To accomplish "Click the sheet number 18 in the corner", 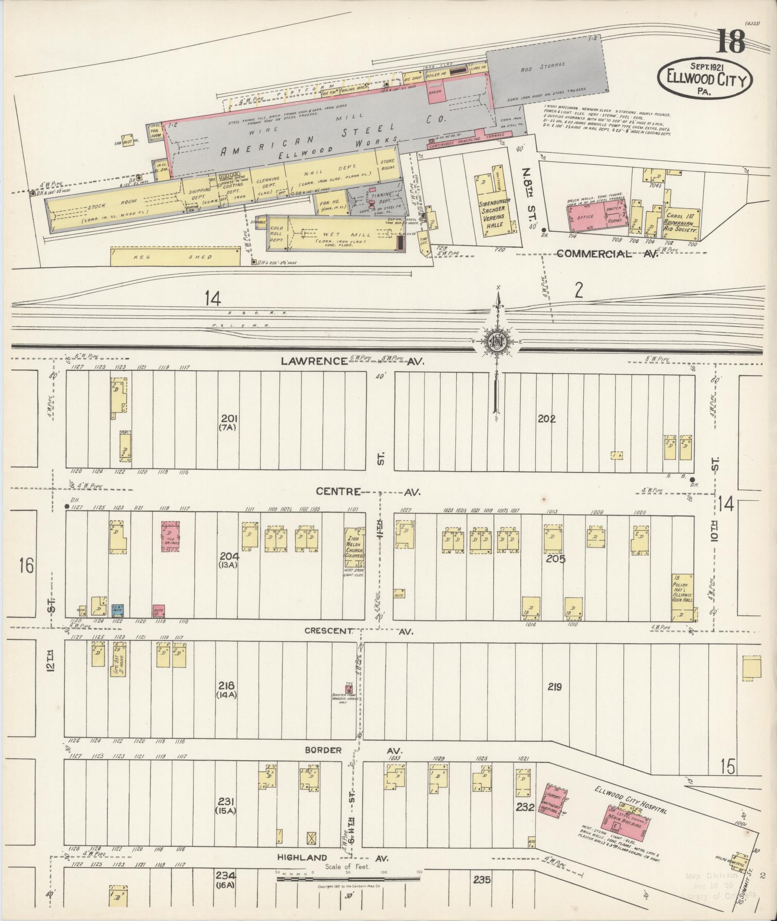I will pos(731,42).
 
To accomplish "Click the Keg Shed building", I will pos(175,257).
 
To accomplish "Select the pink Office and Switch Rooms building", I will pos(596,218).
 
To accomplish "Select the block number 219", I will pos(554,687).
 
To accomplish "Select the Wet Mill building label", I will pos(345,235).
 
